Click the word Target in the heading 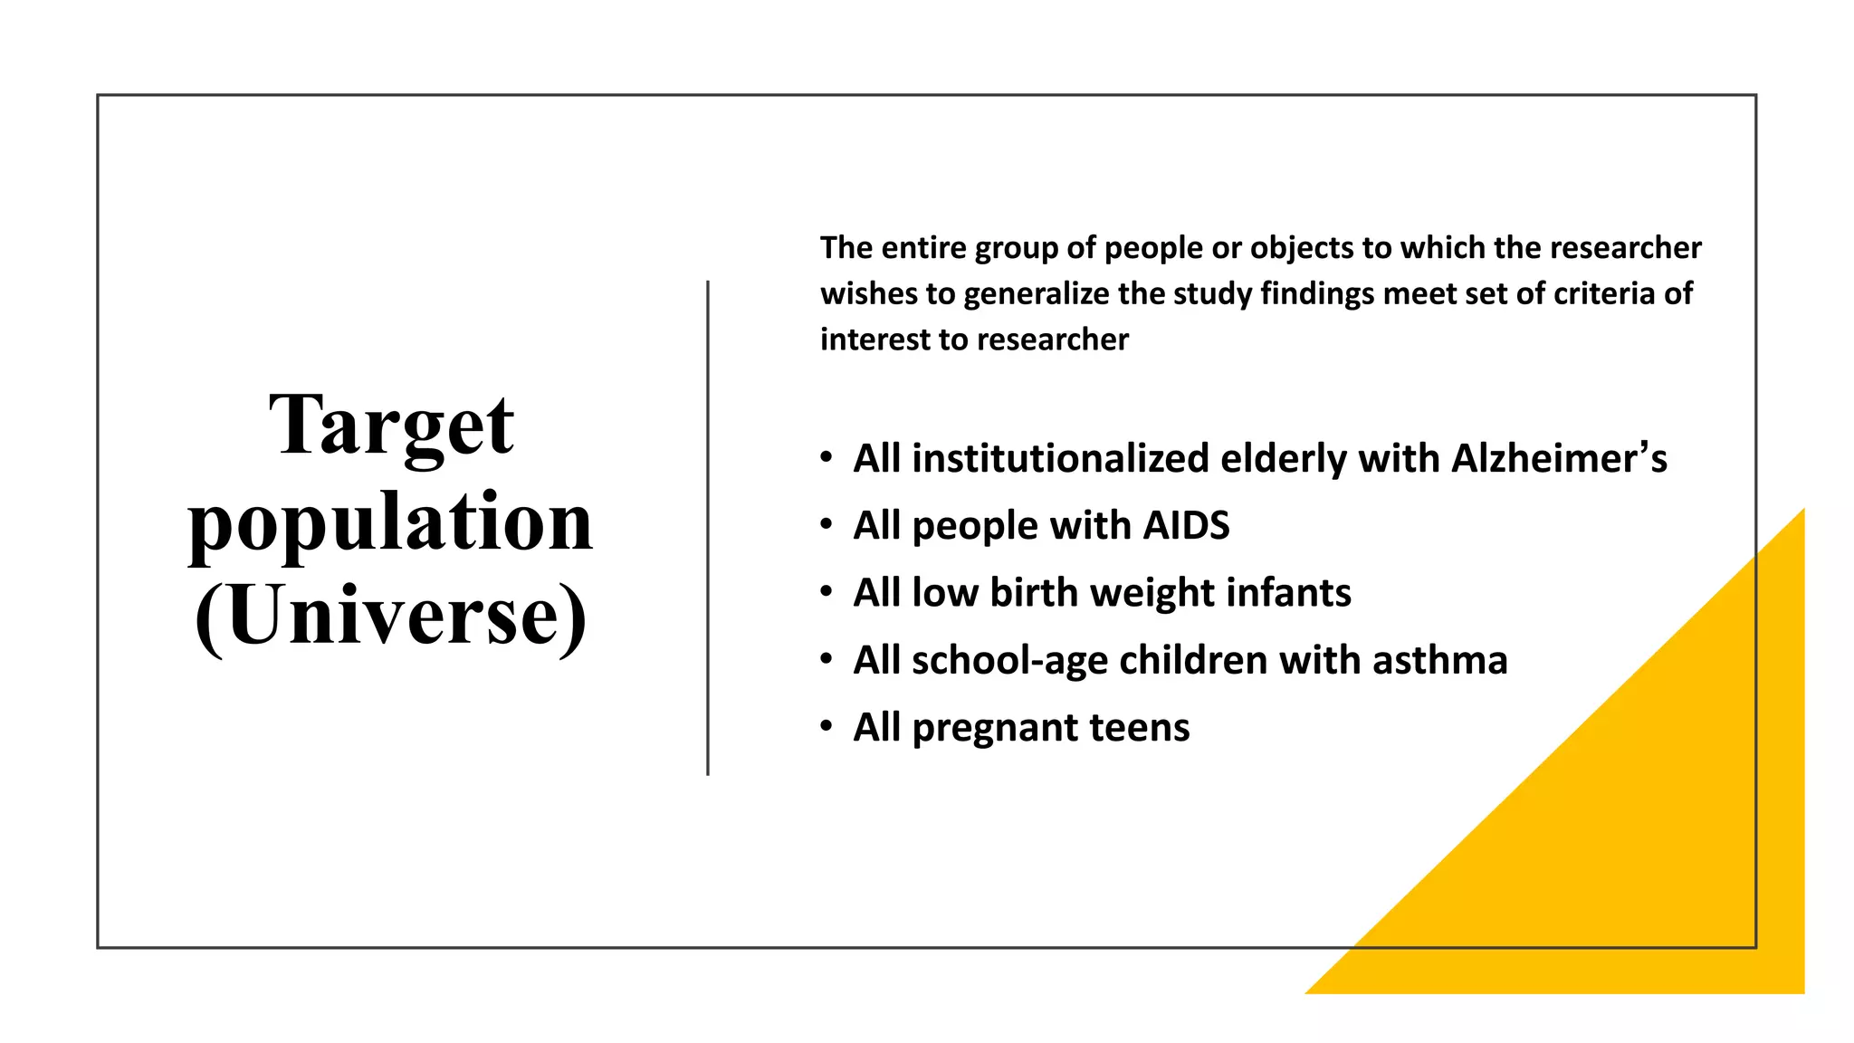tap(391, 426)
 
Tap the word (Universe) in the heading tap(391, 616)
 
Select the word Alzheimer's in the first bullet tap(1559, 458)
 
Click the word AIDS tap(1186, 526)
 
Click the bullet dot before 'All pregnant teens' tap(826, 726)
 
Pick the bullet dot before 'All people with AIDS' tap(826, 524)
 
